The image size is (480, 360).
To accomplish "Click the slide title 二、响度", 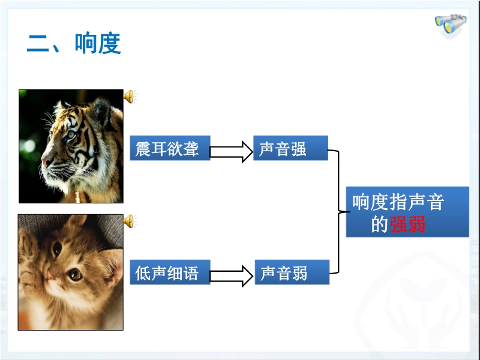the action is coord(74,43).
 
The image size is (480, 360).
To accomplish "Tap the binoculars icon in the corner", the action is coord(451,25).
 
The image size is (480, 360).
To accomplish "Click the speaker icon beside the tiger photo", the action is coord(130,97).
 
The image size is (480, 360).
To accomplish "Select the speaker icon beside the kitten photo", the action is coord(130,221).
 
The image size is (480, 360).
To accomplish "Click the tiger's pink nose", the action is coord(46,162).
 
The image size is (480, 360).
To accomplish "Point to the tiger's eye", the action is coord(71,134).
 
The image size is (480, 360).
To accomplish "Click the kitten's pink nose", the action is coord(50,275).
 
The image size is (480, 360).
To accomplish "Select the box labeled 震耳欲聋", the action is coord(170,148).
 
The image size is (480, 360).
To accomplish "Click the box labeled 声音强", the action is coord(290,148).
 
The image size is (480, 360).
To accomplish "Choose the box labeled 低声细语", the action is coord(170,272).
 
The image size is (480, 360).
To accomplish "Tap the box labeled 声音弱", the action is coord(292,272).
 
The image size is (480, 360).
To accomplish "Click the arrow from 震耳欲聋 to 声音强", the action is coord(232,152).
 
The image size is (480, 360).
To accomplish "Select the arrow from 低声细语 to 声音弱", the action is coord(232,276).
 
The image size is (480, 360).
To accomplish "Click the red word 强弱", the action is coord(407,224).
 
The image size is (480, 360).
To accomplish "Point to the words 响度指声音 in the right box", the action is coord(398,202).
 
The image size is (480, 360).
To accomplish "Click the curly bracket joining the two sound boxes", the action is coord(339,212).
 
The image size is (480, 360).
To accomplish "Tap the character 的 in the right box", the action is coord(380,224).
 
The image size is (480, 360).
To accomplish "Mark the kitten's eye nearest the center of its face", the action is coord(75,274).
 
